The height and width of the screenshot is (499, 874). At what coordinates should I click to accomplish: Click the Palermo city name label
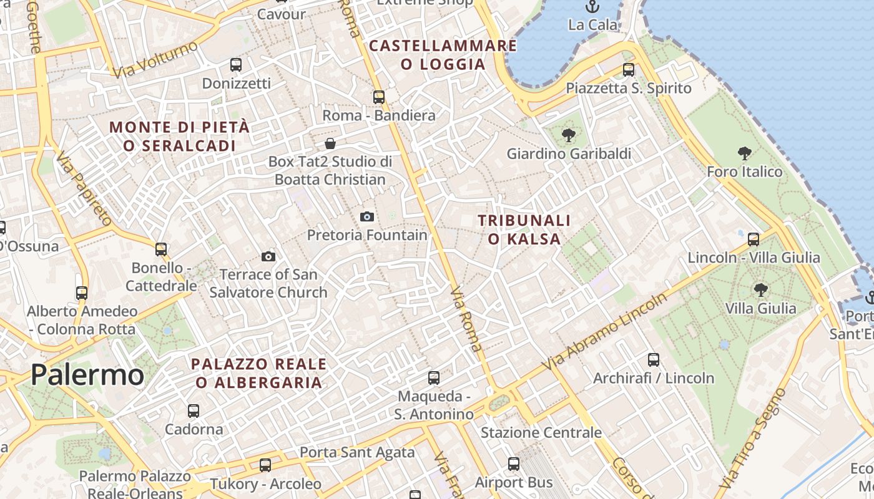pos(87,374)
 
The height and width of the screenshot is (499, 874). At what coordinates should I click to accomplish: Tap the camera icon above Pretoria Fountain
pos(367,216)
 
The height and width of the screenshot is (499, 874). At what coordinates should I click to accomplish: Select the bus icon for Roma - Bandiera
pos(379,97)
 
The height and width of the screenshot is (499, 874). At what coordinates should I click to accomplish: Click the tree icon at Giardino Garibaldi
pos(568,135)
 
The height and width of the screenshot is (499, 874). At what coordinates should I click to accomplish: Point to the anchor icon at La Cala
pos(592,7)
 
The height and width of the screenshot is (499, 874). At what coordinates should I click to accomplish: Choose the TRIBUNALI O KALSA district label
pos(524,229)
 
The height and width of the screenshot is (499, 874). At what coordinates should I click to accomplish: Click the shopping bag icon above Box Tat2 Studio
pos(330,143)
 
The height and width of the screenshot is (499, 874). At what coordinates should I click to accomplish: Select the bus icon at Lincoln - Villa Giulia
pos(754,239)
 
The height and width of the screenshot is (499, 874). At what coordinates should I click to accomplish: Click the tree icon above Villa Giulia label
pos(760,290)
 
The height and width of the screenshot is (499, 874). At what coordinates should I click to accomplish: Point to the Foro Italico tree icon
pos(744,153)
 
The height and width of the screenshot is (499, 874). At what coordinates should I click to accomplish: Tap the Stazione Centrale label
pos(541,432)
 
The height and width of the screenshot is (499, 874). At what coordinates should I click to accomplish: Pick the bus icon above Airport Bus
pos(514,464)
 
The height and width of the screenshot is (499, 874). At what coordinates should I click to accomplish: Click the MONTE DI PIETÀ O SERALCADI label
pos(179,136)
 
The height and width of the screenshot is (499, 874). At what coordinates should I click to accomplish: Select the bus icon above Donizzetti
pos(236,64)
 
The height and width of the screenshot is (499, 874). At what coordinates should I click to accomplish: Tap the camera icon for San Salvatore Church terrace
pos(268,256)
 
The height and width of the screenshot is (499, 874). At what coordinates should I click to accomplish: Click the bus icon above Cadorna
pos(194,411)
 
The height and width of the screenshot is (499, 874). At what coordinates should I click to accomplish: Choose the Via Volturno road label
pos(155,59)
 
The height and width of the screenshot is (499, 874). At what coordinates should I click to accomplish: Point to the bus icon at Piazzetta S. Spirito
pos(629,70)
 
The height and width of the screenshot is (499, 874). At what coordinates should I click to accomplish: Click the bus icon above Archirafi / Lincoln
pos(654,360)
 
